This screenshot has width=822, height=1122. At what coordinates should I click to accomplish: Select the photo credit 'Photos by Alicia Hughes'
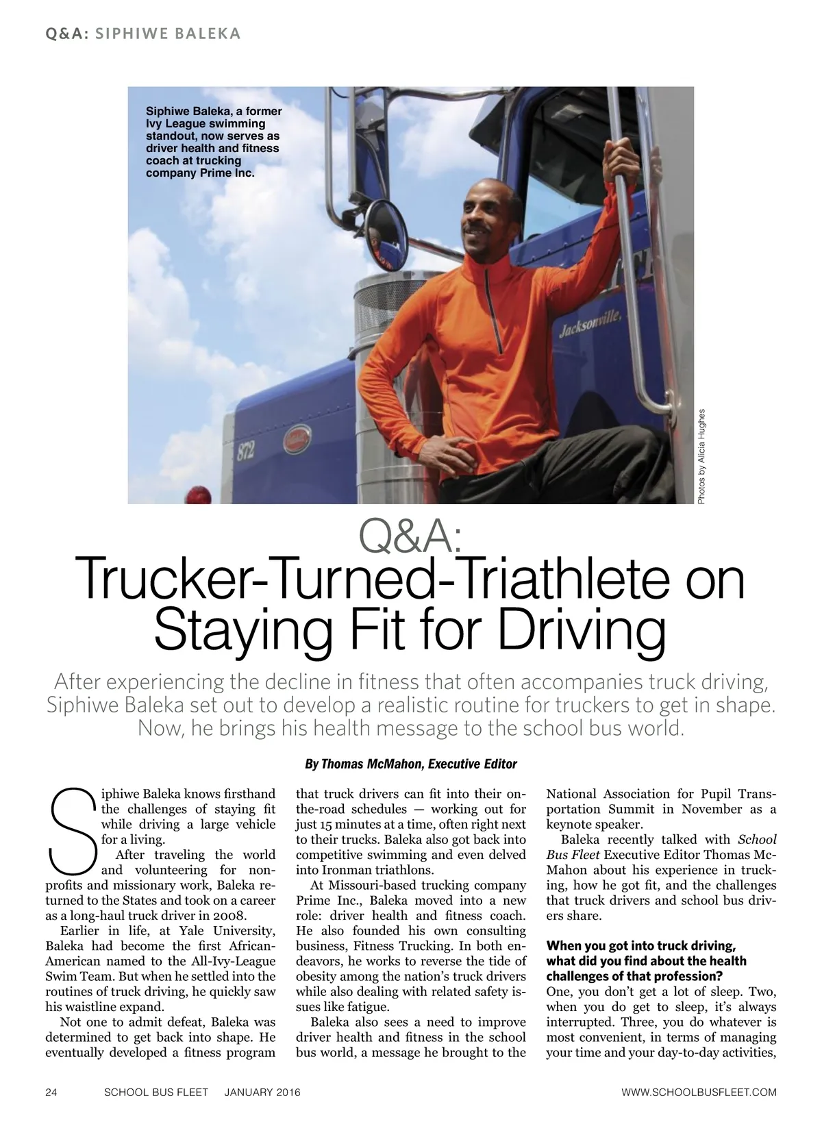coord(701,457)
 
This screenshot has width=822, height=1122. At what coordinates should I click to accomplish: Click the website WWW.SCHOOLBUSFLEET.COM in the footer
coord(698,1092)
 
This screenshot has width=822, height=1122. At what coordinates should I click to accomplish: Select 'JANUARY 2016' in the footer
coord(262,1092)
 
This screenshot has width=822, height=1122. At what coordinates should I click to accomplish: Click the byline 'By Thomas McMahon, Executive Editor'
coord(410,764)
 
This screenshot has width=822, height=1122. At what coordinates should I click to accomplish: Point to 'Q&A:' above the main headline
coord(410,538)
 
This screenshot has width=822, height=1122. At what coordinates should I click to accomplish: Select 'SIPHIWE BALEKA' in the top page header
coord(168,34)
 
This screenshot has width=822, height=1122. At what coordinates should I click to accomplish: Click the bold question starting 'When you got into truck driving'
coord(646,960)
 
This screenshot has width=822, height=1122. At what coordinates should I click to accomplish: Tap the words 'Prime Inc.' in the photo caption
coord(226,173)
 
